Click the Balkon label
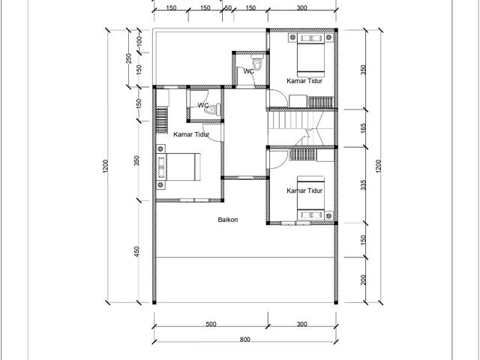tap(228, 220)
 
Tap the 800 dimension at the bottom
tap(245, 339)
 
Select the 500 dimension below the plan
tap(211, 324)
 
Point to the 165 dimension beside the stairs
tap(363, 128)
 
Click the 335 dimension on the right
tap(363, 185)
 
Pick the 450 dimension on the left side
tap(136, 251)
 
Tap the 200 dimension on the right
tap(363, 280)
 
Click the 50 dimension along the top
tap(228, 7)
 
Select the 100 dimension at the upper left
tap(139, 41)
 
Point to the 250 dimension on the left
tap(128, 58)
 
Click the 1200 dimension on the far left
tap(105, 166)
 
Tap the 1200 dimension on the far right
tap(378, 166)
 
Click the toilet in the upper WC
tap(257, 63)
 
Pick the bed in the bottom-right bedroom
tap(310, 198)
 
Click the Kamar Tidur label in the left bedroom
tap(191, 134)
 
